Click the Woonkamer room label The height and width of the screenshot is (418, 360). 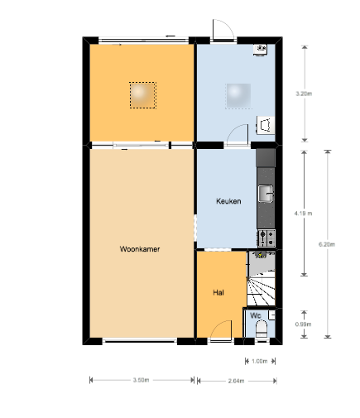click(140, 249)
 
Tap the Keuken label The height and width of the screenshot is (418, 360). click(228, 201)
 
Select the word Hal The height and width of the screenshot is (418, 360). click(218, 292)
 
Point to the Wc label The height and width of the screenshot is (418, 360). click(255, 315)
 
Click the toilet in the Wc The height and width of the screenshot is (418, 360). click(262, 329)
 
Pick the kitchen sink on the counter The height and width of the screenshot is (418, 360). click(266, 194)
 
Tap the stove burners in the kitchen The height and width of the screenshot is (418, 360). click(266, 238)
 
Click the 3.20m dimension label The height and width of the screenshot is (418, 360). click(304, 94)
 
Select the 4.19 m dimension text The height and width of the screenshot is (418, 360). click(303, 214)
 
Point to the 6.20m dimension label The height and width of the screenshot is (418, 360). click(327, 244)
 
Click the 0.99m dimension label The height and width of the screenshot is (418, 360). click(303, 324)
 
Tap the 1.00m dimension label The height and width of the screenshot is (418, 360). click(260, 361)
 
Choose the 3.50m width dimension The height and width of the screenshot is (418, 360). click(141, 380)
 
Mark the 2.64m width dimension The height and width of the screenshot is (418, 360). click(236, 381)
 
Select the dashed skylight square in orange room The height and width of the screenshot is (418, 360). click(142, 95)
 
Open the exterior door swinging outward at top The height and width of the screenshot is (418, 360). click(223, 30)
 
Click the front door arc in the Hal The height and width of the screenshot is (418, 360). click(220, 329)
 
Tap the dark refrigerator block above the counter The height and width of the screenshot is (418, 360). click(266, 158)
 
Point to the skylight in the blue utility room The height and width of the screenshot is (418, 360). click(238, 96)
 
